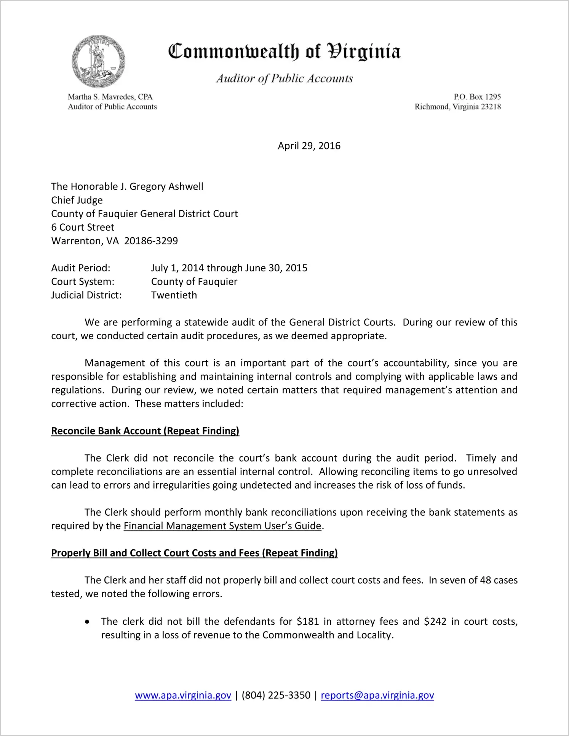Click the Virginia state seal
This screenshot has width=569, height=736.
point(98,62)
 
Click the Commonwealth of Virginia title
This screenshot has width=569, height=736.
point(284,51)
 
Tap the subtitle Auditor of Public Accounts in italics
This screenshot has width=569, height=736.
point(284,79)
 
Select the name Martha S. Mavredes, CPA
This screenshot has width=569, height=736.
point(110,97)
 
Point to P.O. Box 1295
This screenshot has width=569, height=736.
point(477,97)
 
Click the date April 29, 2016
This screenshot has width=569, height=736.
point(309,146)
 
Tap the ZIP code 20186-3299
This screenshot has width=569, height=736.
point(151,241)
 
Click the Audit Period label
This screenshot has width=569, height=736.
point(81,268)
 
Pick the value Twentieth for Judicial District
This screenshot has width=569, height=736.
point(174,295)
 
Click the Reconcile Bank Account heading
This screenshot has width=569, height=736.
point(145,431)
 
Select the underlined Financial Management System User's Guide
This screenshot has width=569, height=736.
point(222,526)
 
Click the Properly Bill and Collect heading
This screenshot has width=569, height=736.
point(194,553)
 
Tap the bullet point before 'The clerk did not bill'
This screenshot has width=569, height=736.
point(88,622)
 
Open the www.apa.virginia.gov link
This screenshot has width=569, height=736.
point(183,695)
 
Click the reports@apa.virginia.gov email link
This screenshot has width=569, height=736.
point(377,695)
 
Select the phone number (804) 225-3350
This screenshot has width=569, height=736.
point(276,695)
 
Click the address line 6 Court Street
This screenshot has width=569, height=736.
point(83,228)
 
